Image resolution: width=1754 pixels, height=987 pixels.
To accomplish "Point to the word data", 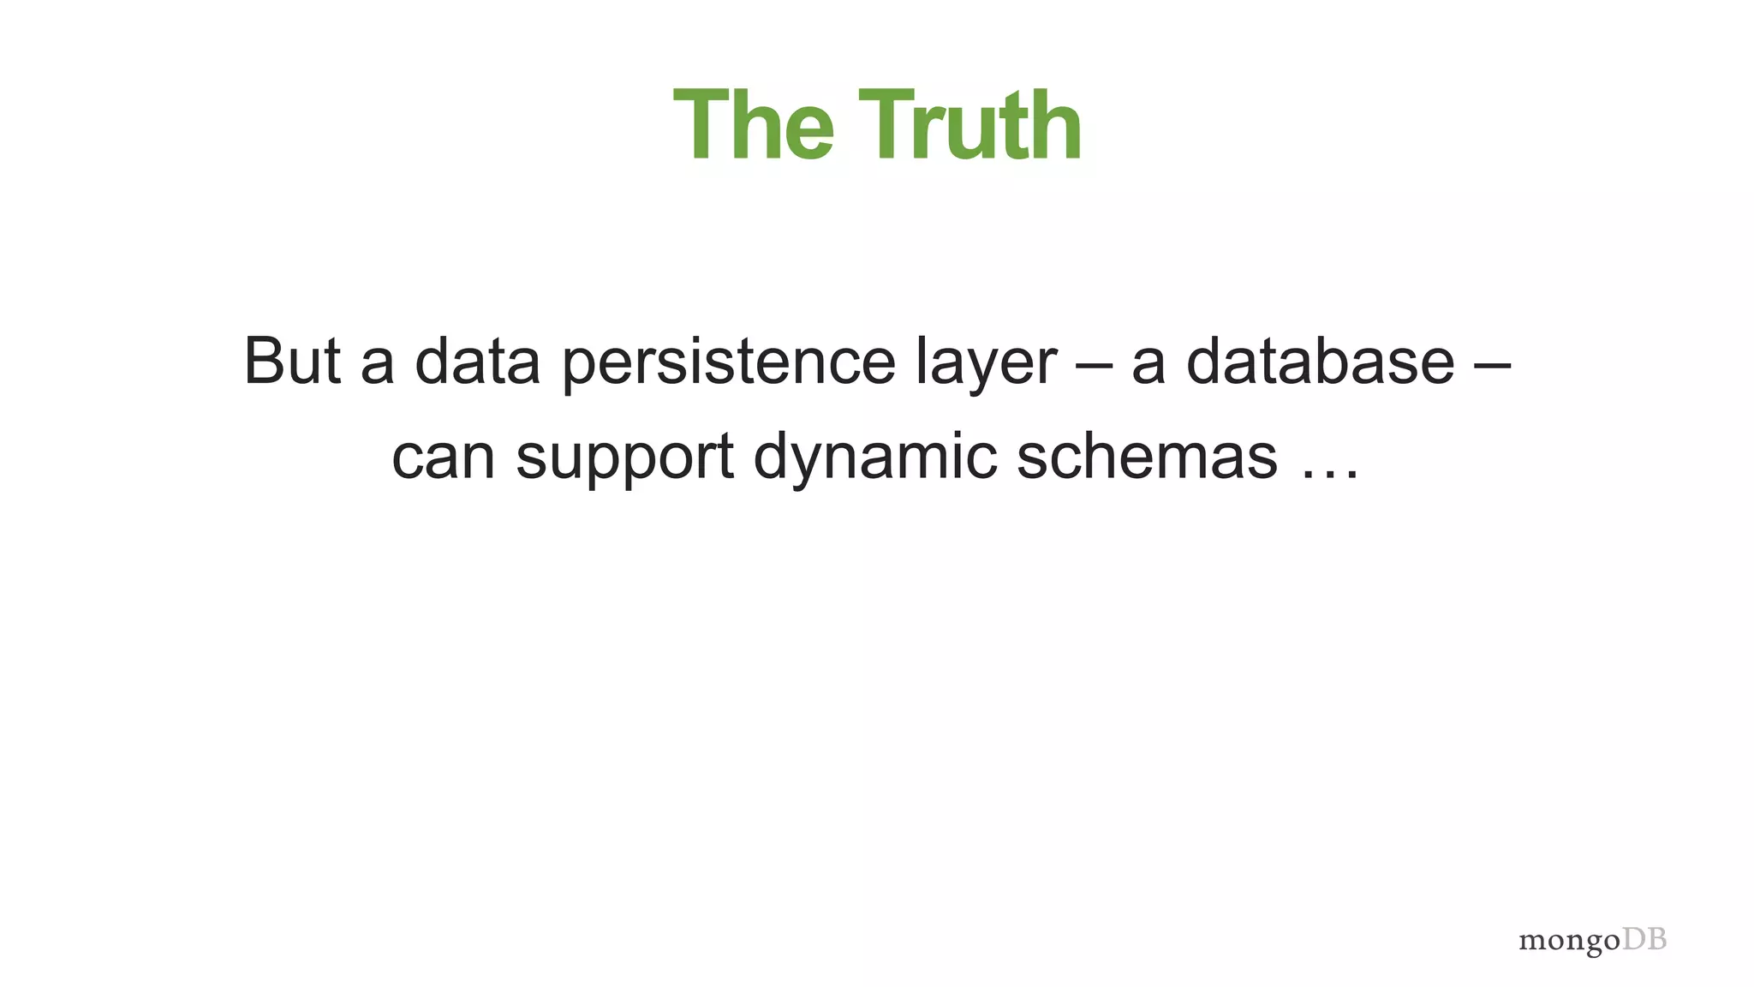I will (477, 361).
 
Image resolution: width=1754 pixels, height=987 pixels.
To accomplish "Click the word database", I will (1320, 361).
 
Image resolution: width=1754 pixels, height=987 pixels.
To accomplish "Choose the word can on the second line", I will (443, 458).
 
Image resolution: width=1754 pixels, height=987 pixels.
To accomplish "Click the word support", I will (624, 459).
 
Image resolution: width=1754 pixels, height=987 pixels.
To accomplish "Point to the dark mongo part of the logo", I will (1569, 942).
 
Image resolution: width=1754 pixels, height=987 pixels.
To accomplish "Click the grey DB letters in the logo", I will (1644, 939).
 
